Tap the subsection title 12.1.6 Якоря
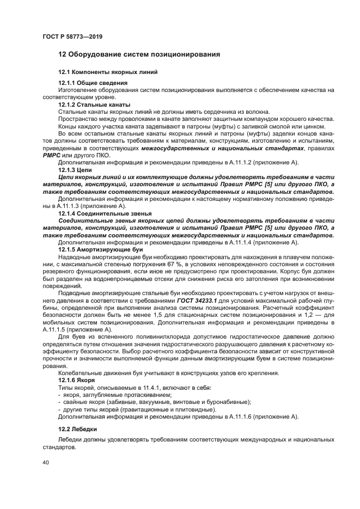point(77,379)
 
